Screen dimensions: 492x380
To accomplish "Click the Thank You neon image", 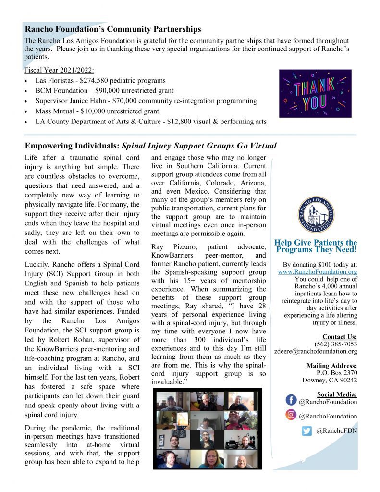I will (315, 93).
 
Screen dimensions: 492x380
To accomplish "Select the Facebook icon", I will (291, 400).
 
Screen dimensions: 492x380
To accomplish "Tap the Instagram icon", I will (291, 414).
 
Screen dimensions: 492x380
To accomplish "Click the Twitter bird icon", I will (307, 430).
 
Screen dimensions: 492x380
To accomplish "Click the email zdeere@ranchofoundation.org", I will (316, 351).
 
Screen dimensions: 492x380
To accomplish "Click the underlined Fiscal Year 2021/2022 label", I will (59, 70).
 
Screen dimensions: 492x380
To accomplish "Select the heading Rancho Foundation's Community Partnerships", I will (113, 30).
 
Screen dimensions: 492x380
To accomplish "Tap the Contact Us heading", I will (340, 337).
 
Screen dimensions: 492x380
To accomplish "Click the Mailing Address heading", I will (331, 366).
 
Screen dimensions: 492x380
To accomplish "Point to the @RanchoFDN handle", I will (337, 431).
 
